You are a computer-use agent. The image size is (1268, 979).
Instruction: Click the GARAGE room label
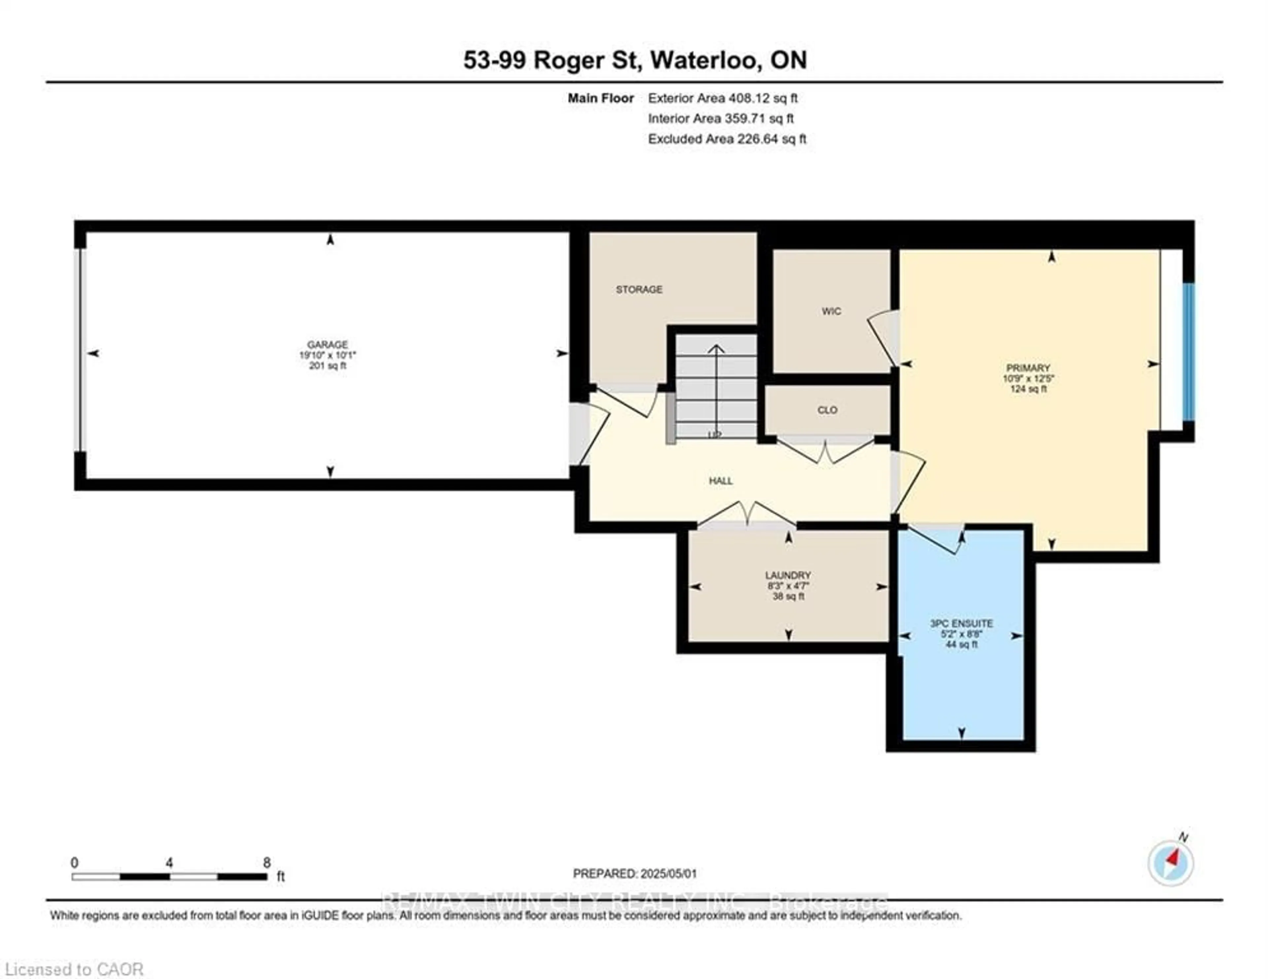[x=328, y=344]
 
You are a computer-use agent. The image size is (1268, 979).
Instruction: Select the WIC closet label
[x=831, y=311]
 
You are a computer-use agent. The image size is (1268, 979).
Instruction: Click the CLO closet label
[x=827, y=410]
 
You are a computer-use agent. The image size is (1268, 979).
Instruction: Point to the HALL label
[x=721, y=481]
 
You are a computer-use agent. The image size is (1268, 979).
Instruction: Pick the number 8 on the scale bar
[x=266, y=863]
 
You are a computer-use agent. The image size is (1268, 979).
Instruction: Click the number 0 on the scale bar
[x=74, y=863]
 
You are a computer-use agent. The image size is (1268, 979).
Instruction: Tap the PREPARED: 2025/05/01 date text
[x=635, y=873]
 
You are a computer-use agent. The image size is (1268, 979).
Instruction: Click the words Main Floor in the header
[x=600, y=98]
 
